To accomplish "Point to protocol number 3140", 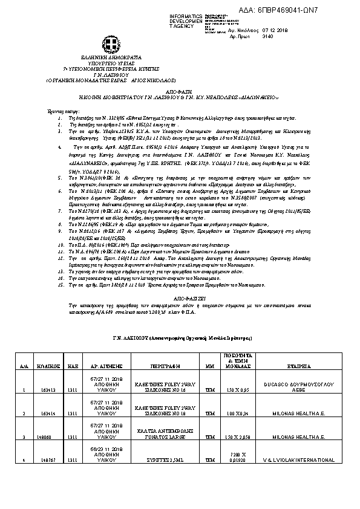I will (268, 36).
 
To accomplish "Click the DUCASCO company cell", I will (296, 386).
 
